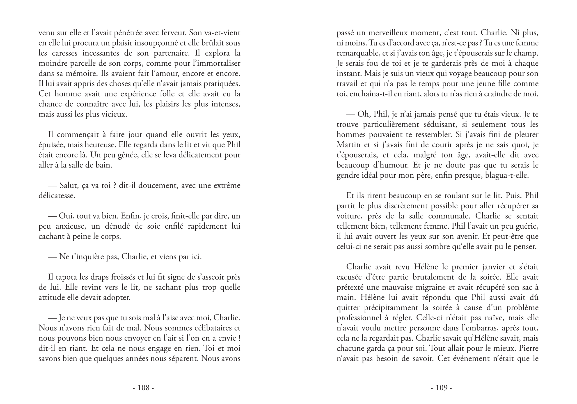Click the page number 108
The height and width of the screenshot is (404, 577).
point(144,388)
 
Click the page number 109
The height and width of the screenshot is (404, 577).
point(442,388)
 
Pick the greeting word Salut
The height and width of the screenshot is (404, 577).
point(69,186)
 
